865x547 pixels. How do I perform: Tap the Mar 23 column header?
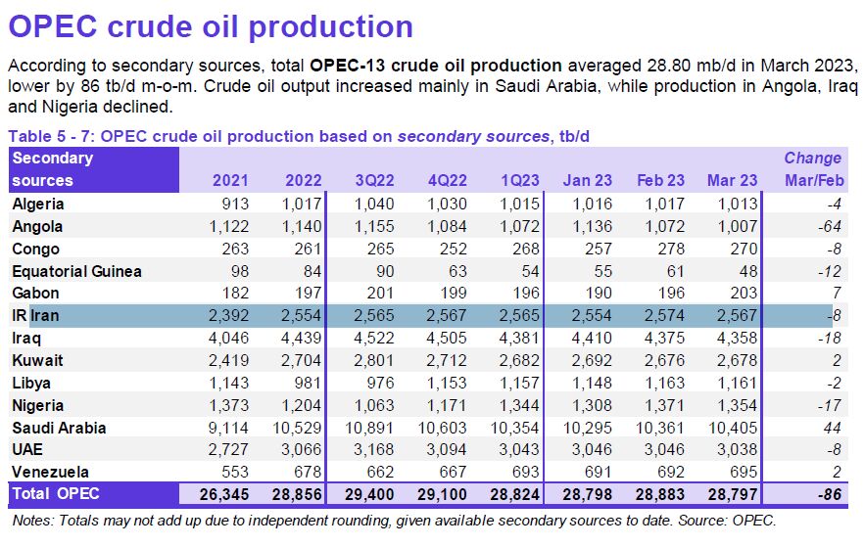click(732, 181)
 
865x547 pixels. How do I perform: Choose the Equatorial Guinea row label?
click(76, 271)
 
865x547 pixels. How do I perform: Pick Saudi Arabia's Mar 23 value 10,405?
click(731, 428)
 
